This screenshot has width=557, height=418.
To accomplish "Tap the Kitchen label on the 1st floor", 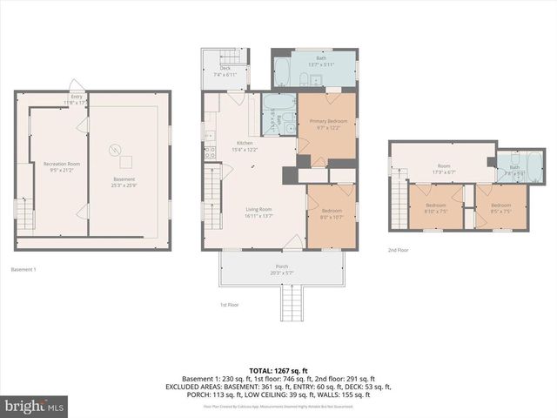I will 245,144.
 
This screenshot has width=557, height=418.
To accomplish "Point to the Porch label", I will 281,266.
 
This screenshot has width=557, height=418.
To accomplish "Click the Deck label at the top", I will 225,68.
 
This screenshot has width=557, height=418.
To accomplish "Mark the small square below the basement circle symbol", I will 126,162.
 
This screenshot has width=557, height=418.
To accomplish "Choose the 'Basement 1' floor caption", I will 23,270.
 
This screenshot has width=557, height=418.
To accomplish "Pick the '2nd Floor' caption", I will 399,249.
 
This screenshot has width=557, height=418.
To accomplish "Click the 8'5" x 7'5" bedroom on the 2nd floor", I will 500,206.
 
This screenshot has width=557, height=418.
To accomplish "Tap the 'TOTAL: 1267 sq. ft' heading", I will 278,371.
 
